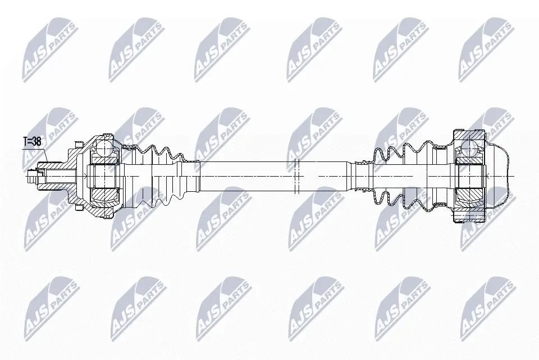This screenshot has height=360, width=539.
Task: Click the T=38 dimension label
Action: [x=32, y=142]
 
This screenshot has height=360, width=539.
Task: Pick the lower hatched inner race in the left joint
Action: [x=103, y=193]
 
